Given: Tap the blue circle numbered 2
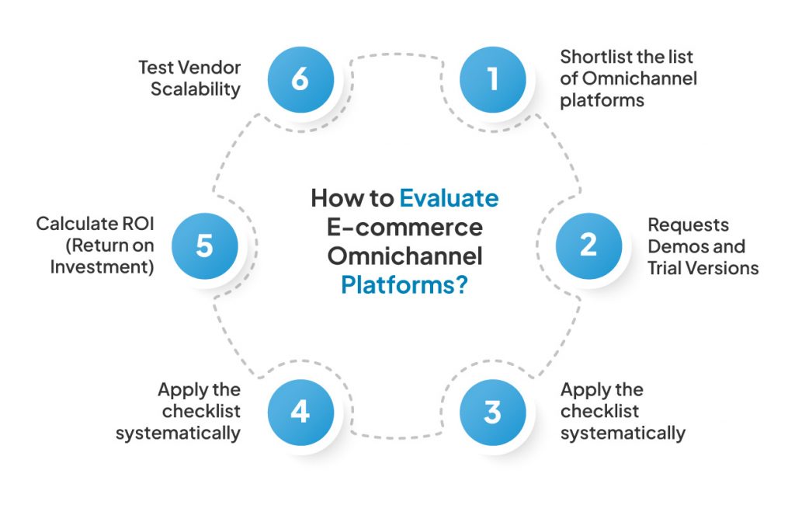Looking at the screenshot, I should coord(588,246).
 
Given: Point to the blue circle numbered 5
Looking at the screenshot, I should coord(204,246).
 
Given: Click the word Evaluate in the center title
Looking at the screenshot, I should coord(449,198).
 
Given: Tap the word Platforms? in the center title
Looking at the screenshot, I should coord(404,285).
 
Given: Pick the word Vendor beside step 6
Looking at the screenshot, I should coord(210,67).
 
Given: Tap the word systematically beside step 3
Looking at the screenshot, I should coord(623,433).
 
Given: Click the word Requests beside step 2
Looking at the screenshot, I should coord(689,225).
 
